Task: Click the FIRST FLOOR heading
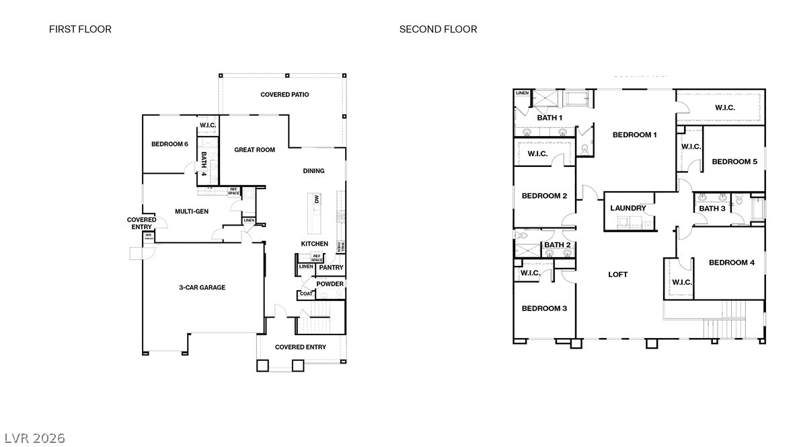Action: (x=80, y=29)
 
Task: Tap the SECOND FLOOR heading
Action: (x=438, y=29)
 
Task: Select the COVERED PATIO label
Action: (x=285, y=95)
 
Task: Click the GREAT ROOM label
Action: (x=254, y=150)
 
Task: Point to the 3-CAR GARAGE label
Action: (x=202, y=287)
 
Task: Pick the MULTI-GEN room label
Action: (x=192, y=211)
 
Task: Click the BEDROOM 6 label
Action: (x=169, y=144)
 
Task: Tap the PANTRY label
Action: (x=331, y=268)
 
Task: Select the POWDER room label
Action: (x=330, y=284)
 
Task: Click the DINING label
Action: (x=313, y=171)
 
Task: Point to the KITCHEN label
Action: (x=314, y=244)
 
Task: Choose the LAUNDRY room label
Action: (x=628, y=209)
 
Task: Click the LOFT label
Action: (x=617, y=275)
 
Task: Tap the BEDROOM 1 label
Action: (x=634, y=135)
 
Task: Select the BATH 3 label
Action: (x=712, y=209)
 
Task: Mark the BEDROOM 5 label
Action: (x=734, y=162)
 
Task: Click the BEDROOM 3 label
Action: (x=545, y=308)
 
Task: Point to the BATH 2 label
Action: (x=557, y=245)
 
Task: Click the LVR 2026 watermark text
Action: (x=33, y=438)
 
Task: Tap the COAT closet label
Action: (x=306, y=294)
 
